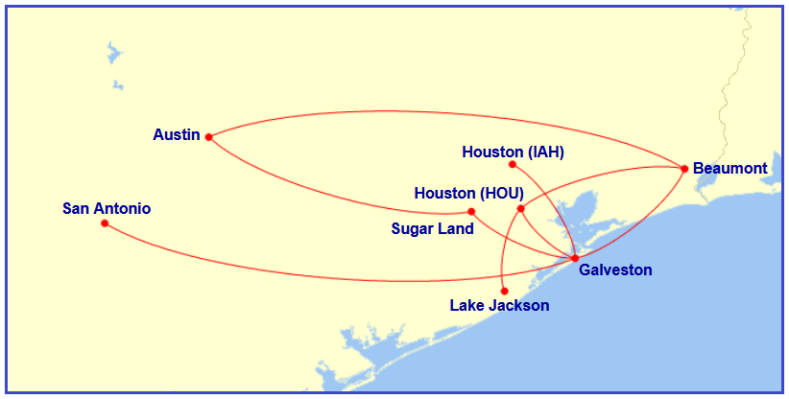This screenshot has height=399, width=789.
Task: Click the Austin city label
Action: pyautogui.click(x=177, y=135)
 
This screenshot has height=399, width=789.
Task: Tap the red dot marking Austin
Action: pyautogui.click(x=208, y=136)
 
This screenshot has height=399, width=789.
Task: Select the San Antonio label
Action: pyautogui.click(x=107, y=208)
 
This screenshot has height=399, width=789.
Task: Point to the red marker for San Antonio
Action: pyautogui.click(x=105, y=223)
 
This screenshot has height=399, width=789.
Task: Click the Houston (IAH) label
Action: pyautogui.click(x=513, y=152)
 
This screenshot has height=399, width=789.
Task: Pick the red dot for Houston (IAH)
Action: pyautogui.click(x=513, y=164)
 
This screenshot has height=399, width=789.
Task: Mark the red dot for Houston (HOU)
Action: pyautogui.click(x=520, y=208)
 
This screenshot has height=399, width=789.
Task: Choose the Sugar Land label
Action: pyautogui.click(x=432, y=228)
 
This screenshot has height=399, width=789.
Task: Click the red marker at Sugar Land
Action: pyautogui.click(x=471, y=211)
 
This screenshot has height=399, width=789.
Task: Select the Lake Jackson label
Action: pyautogui.click(x=499, y=306)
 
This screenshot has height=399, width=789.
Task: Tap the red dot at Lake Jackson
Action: pyautogui.click(x=505, y=291)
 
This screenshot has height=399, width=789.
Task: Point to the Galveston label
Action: pyautogui.click(x=615, y=270)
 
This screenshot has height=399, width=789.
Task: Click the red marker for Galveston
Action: pyautogui.click(x=574, y=258)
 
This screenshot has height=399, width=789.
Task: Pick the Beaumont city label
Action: pyautogui.click(x=729, y=169)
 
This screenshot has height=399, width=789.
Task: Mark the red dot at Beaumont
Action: pyautogui.click(x=683, y=169)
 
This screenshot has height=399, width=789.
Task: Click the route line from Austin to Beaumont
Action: pyautogui.click(x=442, y=111)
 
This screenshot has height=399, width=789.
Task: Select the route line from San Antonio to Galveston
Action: pyautogui.click(x=336, y=276)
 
